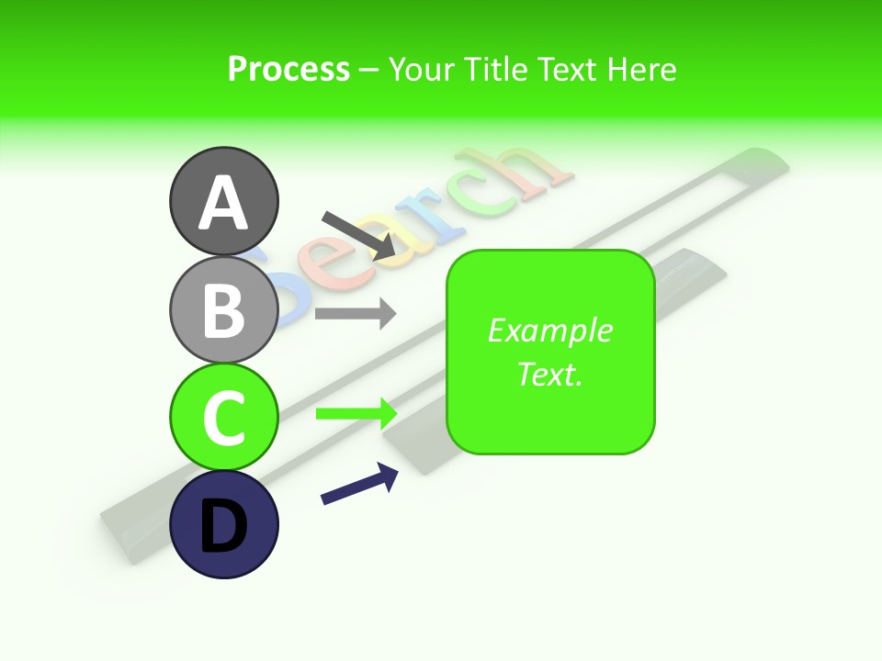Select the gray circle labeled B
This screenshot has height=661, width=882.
click(x=223, y=309)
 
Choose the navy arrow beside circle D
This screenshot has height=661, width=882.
click(x=359, y=484)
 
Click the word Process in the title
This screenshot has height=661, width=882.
click(x=288, y=69)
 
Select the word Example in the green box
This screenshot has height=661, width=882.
click(x=549, y=330)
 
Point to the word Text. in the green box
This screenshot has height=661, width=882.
click(x=549, y=374)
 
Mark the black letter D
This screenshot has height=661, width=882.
click(x=223, y=528)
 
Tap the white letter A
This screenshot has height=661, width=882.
click(x=223, y=202)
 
